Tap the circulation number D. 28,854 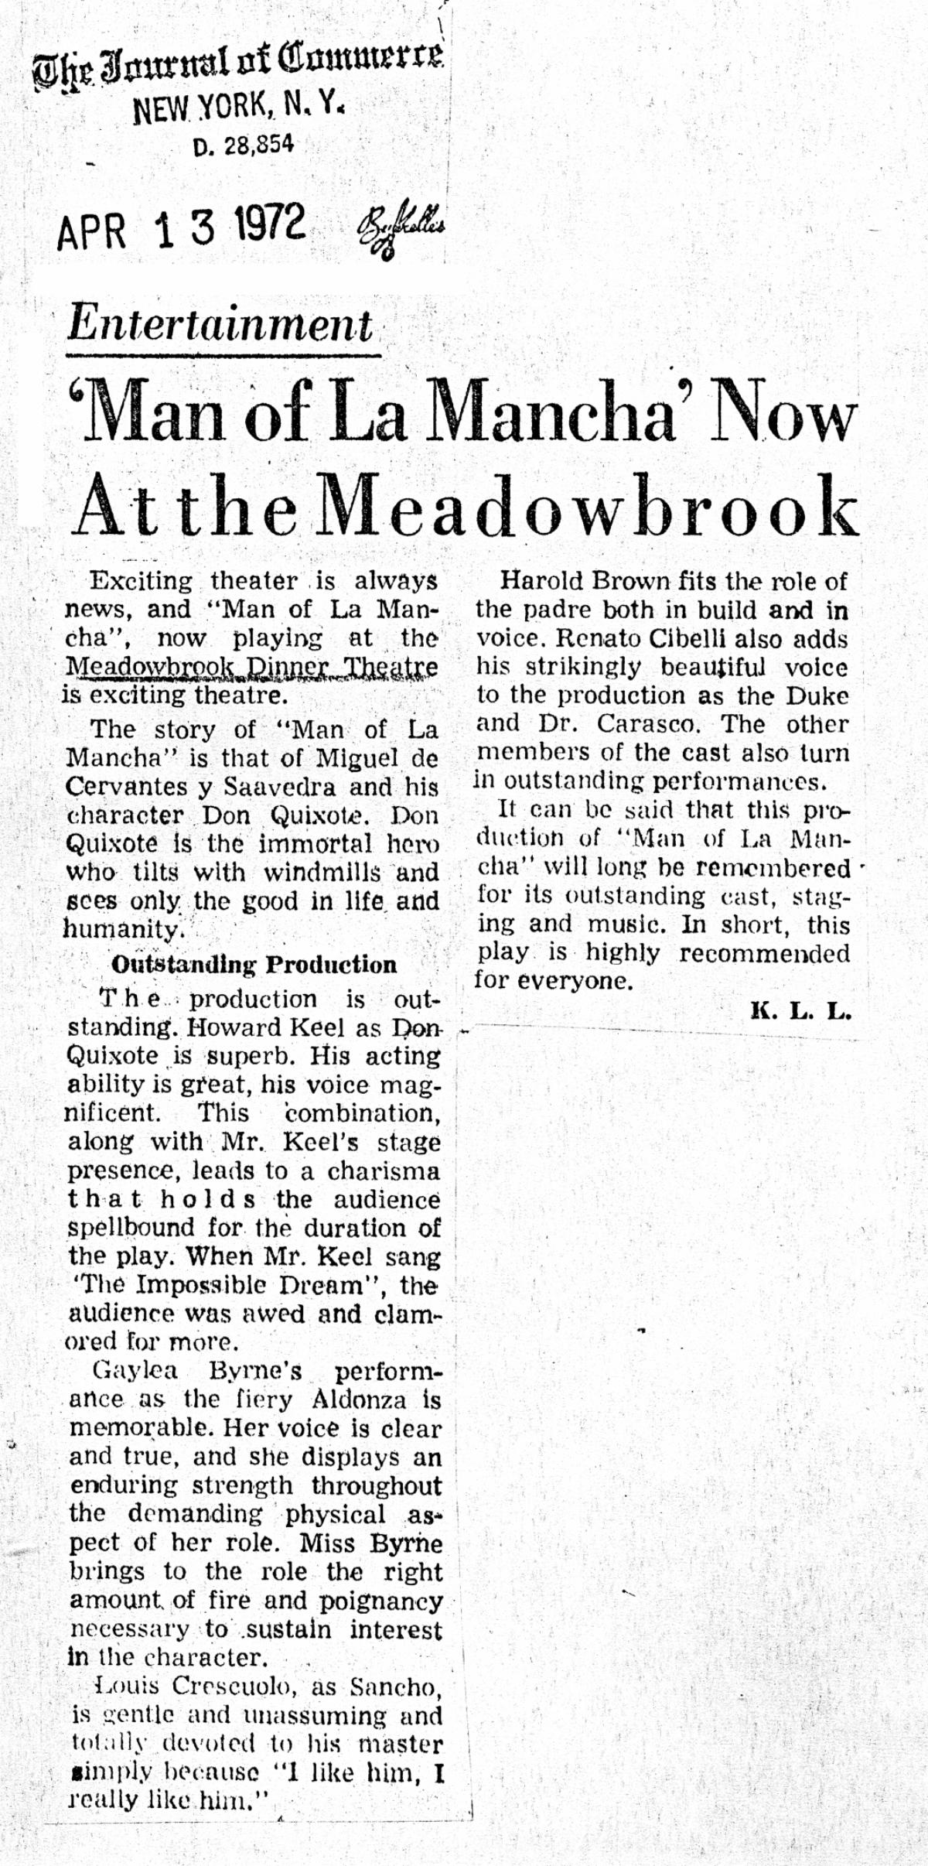pyautogui.click(x=244, y=145)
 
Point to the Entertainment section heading pyautogui.click(x=220, y=325)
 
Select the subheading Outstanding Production pyautogui.click(x=254, y=965)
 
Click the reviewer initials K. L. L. pyautogui.click(x=800, y=1012)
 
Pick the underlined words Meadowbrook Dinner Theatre pyautogui.click(x=252, y=666)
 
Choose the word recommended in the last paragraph pyautogui.click(x=764, y=953)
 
